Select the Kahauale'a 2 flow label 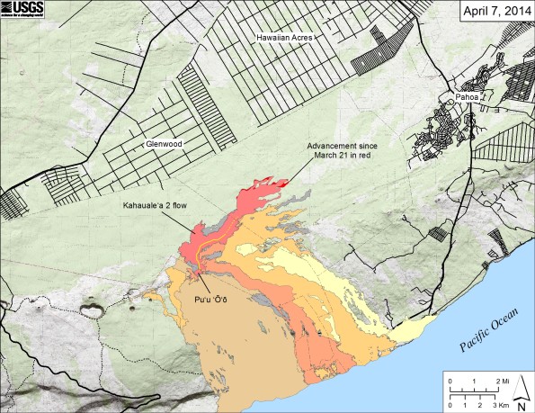pos(157,205)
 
